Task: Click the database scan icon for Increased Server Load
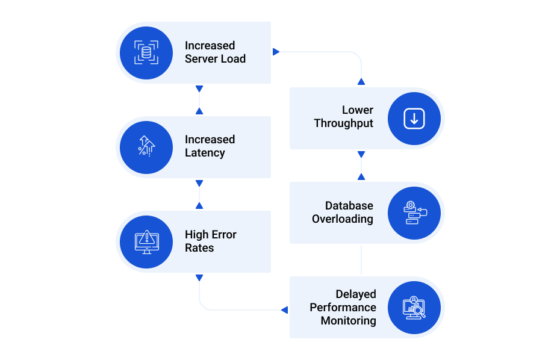coord(146,52)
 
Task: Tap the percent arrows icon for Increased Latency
coord(146,146)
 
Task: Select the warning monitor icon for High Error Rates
coord(146,242)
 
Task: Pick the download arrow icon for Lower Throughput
coord(414,118)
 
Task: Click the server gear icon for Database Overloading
coord(415,213)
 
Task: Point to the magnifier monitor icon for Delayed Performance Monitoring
coord(414,308)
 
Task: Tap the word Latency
coord(205,153)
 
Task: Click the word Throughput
coord(344,123)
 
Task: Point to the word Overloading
coord(343,219)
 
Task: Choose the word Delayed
coord(356,294)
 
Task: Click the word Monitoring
coord(348,321)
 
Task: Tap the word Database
coord(349,206)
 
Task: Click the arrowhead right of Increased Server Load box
coord(276,52)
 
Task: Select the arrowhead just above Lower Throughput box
coord(361,82)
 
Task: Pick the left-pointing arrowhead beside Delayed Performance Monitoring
coord(284,309)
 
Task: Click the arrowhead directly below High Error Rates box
coord(199,278)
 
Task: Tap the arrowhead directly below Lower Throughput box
coord(361,154)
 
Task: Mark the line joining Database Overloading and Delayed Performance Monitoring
coord(361,260)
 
